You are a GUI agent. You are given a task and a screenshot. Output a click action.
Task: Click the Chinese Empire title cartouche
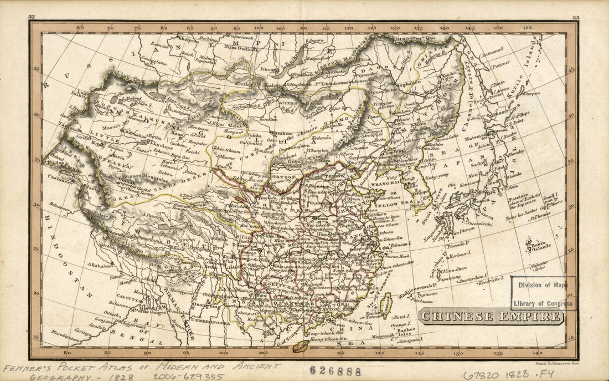pyautogui.click(x=491, y=317)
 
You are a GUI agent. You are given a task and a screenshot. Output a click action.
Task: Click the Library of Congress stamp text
pyautogui.click(x=543, y=303)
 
